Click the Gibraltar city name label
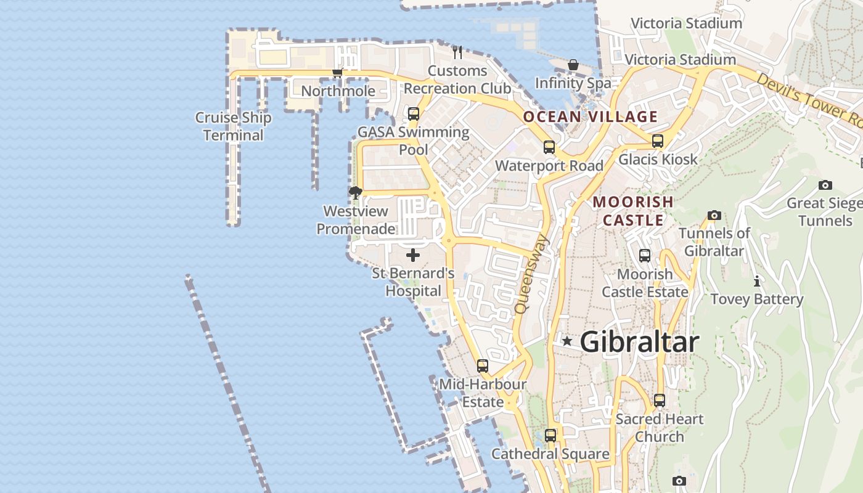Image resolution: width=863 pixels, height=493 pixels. [639, 342]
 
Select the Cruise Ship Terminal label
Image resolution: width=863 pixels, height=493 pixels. [233, 126]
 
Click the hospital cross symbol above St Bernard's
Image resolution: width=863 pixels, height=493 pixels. [413, 255]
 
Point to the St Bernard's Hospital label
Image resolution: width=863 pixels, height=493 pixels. [413, 282]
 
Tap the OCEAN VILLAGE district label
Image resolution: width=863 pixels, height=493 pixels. [590, 116]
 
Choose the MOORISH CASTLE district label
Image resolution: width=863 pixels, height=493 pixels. [633, 211]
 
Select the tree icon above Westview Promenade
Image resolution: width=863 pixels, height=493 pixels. [355, 193]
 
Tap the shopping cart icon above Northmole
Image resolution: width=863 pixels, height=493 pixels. [337, 73]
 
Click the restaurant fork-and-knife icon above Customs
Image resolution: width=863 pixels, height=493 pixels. [457, 52]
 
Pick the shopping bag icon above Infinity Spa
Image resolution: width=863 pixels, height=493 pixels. [573, 65]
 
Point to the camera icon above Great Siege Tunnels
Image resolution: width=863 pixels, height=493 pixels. [825, 185]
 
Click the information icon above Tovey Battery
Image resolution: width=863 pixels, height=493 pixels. [756, 282]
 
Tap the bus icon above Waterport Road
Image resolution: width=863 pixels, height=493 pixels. [549, 147]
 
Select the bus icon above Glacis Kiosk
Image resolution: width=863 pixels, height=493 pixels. [658, 141]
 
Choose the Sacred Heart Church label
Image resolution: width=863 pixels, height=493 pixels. [660, 428]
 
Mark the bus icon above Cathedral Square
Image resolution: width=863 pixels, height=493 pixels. [550, 436]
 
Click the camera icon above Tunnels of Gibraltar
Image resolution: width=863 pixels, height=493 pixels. [714, 215]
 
